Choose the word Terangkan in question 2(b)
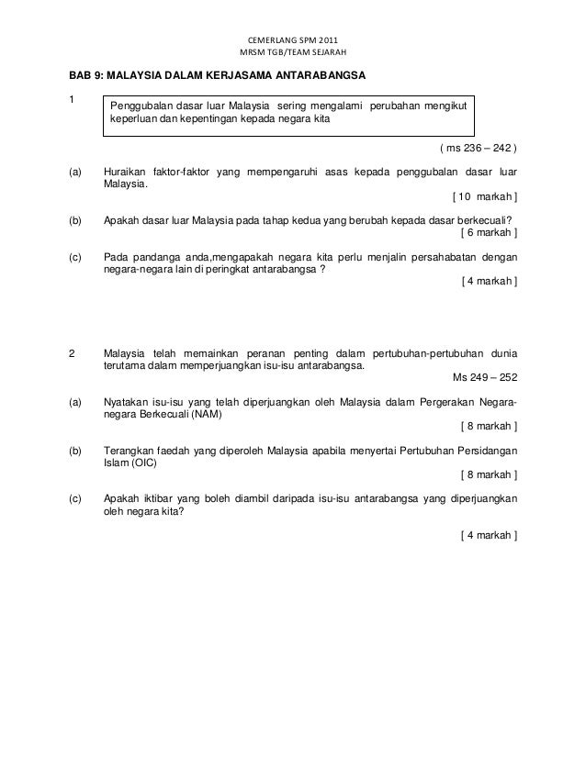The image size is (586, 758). coord(130,451)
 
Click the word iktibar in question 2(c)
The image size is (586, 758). coord(156,499)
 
